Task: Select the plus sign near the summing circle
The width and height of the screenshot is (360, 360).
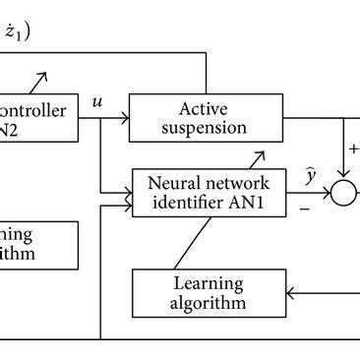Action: tap(352, 150)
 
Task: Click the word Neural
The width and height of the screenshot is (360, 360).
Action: tap(171, 182)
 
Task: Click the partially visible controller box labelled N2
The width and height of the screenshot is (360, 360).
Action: tap(39, 119)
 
